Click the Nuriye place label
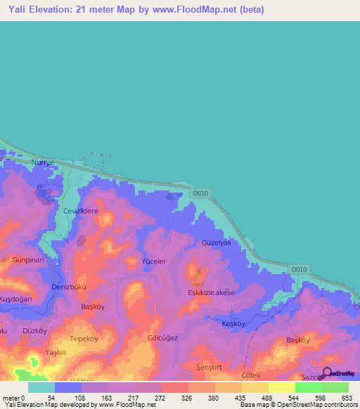click(43, 162)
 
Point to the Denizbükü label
click(69, 287)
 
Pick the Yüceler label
click(154, 261)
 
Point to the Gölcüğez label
click(162, 338)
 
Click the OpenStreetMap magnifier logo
click(328, 372)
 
